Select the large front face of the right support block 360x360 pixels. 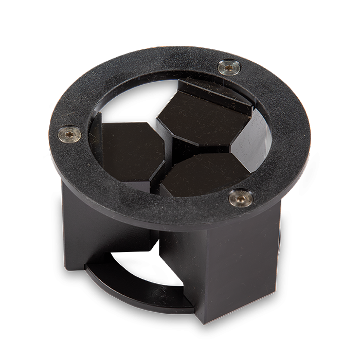(237, 262)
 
